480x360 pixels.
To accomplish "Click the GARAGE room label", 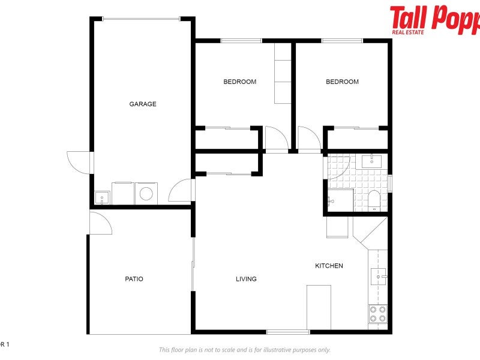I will click(143, 104).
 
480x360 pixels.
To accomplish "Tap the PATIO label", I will click(134, 278).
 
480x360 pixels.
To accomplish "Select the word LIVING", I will click(246, 278).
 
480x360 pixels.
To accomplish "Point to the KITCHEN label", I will click(329, 265).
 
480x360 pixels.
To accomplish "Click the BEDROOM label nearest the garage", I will click(239, 82).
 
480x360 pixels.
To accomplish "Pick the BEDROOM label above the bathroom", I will click(342, 82).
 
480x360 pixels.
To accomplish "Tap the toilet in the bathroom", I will click(374, 200).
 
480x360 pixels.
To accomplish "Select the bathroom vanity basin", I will click(373, 161).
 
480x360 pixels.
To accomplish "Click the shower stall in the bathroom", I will click(339, 200).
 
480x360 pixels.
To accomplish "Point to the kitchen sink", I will click(377, 275).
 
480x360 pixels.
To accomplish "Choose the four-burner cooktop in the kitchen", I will click(377, 314).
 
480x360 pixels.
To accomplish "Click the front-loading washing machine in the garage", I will click(145, 193).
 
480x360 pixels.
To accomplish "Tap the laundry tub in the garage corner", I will click(102, 197).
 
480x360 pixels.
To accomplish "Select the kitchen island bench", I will click(319, 307).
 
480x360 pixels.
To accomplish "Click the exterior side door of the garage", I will click(80, 162).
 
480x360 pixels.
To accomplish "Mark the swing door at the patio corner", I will click(101, 222).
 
